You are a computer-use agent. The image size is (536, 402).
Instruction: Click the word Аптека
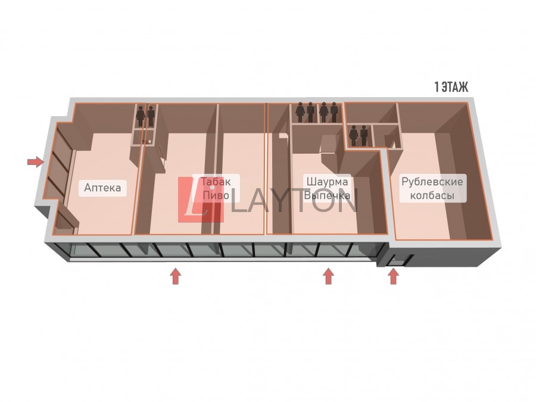click(102, 188)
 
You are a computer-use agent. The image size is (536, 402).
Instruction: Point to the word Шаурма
click(327, 182)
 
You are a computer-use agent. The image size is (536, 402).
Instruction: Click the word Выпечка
click(327, 195)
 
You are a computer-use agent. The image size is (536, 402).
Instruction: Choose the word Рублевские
click(432, 182)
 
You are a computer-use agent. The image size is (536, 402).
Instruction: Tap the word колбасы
click(432, 195)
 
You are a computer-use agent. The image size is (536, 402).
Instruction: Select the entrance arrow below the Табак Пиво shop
click(175, 276)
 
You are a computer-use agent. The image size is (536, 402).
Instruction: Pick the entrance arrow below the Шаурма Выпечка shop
click(328, 276)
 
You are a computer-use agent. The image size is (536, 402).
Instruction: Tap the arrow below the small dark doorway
click(393, 276)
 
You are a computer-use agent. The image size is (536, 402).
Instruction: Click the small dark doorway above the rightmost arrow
click(394, 260)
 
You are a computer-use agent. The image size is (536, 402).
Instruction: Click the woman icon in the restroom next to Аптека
click(141, 116)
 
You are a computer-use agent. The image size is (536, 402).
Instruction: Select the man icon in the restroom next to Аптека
click(151, 116)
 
